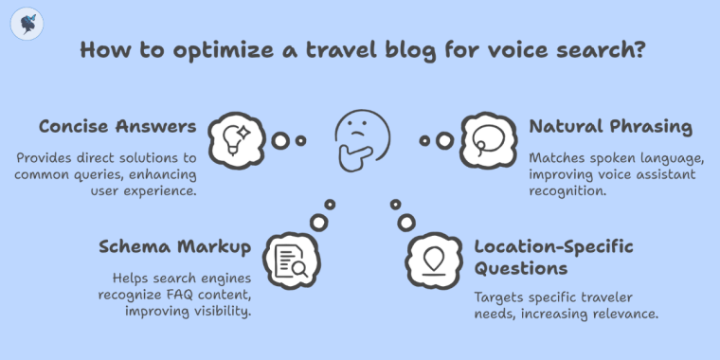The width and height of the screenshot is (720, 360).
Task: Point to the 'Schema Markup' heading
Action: (x=174, y=247)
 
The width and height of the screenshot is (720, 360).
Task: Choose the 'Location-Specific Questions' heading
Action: (x=552, y=258)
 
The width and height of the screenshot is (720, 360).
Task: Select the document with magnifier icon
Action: (x=289, y=259)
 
